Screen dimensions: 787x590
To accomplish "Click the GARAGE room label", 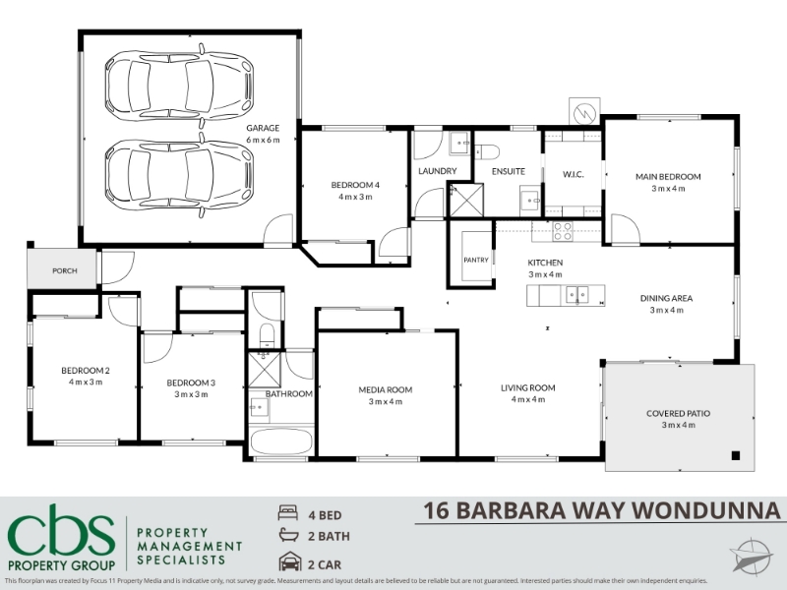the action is point(263,128).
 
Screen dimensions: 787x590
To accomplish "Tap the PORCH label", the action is point(65,271).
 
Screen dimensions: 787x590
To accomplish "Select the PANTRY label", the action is point(476,260).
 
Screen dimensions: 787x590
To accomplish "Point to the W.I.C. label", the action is point(573,175).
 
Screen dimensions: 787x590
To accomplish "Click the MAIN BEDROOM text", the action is point(668,177).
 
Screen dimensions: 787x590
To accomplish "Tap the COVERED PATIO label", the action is point(678,413).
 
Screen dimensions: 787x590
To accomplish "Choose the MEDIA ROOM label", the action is point(386,389).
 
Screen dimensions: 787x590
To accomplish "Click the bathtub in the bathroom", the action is point(281,441).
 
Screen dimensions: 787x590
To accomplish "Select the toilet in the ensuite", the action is point(487,150).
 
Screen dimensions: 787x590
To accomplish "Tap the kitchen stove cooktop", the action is point(563,231).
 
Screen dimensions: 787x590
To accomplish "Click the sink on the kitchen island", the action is point(577,295).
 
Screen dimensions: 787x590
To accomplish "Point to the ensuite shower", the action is point(466,201).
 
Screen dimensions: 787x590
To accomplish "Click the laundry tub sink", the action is point(459,143).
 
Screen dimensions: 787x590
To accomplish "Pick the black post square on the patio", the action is point(735,455).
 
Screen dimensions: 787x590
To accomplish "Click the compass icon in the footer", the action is point(752,556).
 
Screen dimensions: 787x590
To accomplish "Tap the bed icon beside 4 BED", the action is point(287,512).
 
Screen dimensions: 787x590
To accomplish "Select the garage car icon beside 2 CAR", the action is point(289,561).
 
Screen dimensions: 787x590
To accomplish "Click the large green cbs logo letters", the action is point(61,535).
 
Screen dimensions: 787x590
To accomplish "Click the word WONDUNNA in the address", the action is point(705,510).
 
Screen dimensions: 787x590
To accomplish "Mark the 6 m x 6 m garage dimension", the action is point(263,140).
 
